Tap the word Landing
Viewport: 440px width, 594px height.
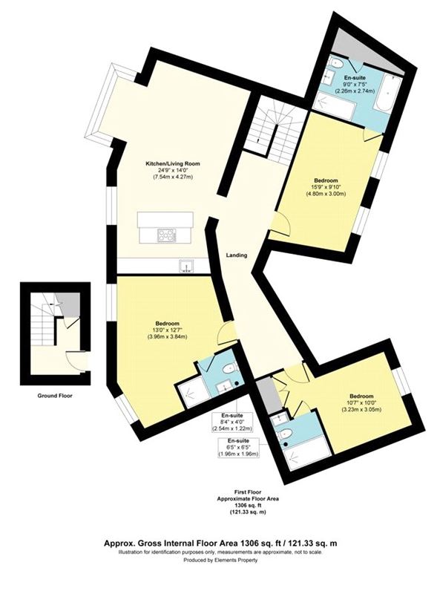click(237, 255)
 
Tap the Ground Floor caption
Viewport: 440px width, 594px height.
click(55, 396)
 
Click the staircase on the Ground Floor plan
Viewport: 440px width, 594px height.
click(45, 319)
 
